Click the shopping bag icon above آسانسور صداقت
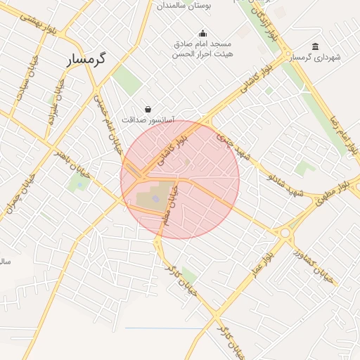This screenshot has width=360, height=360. (148, 109)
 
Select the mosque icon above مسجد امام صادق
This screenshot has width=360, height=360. (203, 33)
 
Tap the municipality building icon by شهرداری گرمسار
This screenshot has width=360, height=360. (314, 46)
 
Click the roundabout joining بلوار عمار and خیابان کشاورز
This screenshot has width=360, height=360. (285, 233)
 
